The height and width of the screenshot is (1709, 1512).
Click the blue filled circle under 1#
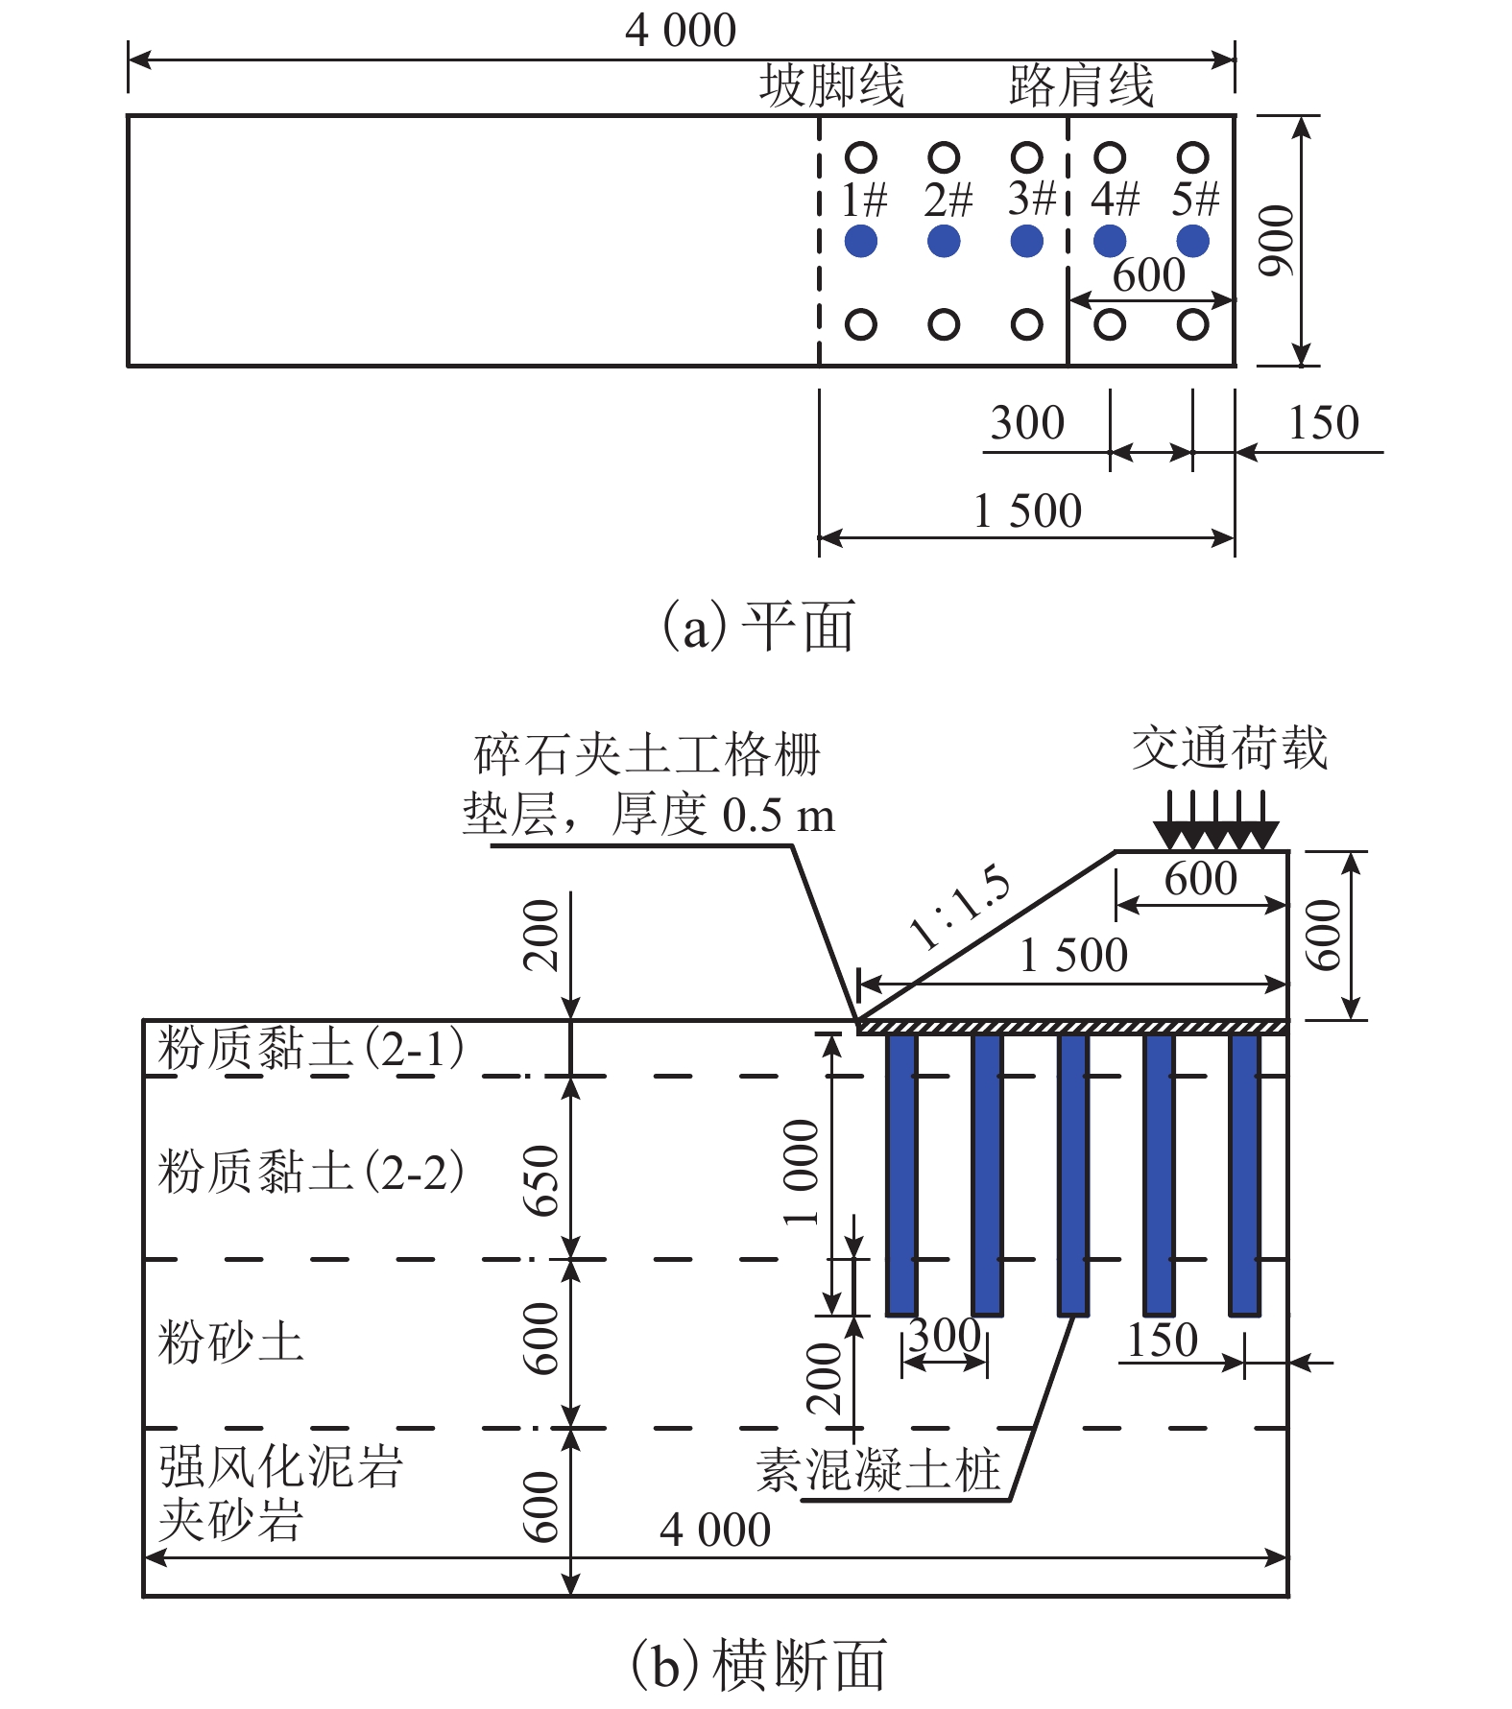[861, 241]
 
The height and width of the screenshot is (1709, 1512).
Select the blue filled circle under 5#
[1192, 241]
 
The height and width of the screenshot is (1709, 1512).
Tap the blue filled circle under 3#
[1027, 241]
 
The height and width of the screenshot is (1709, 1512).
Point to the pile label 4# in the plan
[1115, 200]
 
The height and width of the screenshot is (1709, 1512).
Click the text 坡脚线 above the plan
[831, 85]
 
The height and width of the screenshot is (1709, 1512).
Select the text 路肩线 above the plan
[1081, 85]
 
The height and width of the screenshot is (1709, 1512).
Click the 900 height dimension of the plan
[1278, 241]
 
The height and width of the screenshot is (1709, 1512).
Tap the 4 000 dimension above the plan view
[681, 31]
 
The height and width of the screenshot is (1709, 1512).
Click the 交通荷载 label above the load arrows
[1229, 748]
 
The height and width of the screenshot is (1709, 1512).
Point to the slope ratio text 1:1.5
[960, 907]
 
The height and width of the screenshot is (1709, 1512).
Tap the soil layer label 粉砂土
[230, 1341]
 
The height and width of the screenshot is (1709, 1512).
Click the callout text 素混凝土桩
[878, 1470]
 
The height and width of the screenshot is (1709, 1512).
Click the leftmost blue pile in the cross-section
[900, 1174]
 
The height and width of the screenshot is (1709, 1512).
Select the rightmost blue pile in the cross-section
[1244, 1174]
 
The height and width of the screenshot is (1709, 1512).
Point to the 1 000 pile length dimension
[802, 1172]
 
